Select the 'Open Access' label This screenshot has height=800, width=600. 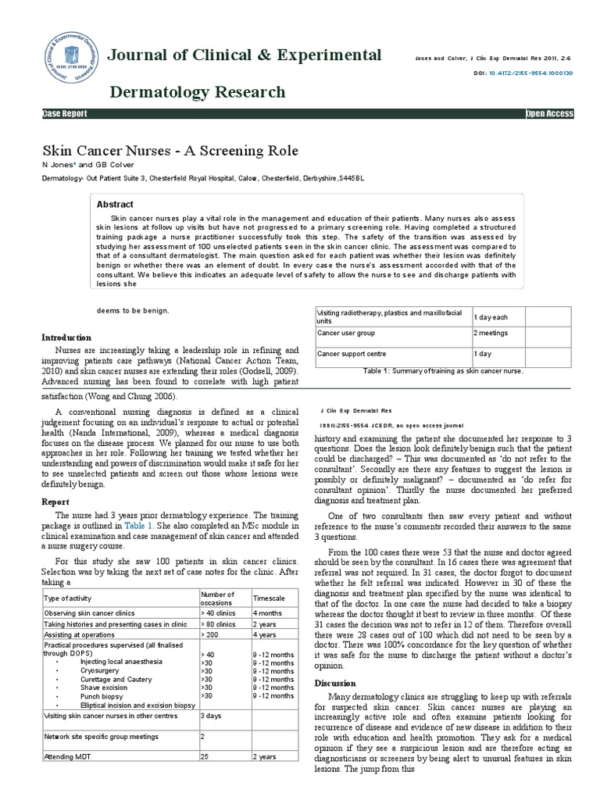point(550,114)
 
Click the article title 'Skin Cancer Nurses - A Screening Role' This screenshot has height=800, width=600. point(170,150)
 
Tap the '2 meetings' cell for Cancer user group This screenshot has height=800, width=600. point(492,333)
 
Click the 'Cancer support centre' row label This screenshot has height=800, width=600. point(351,354)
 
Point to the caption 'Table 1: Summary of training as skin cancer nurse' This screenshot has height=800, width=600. point(442,371)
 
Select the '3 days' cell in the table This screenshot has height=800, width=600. point(211,715)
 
